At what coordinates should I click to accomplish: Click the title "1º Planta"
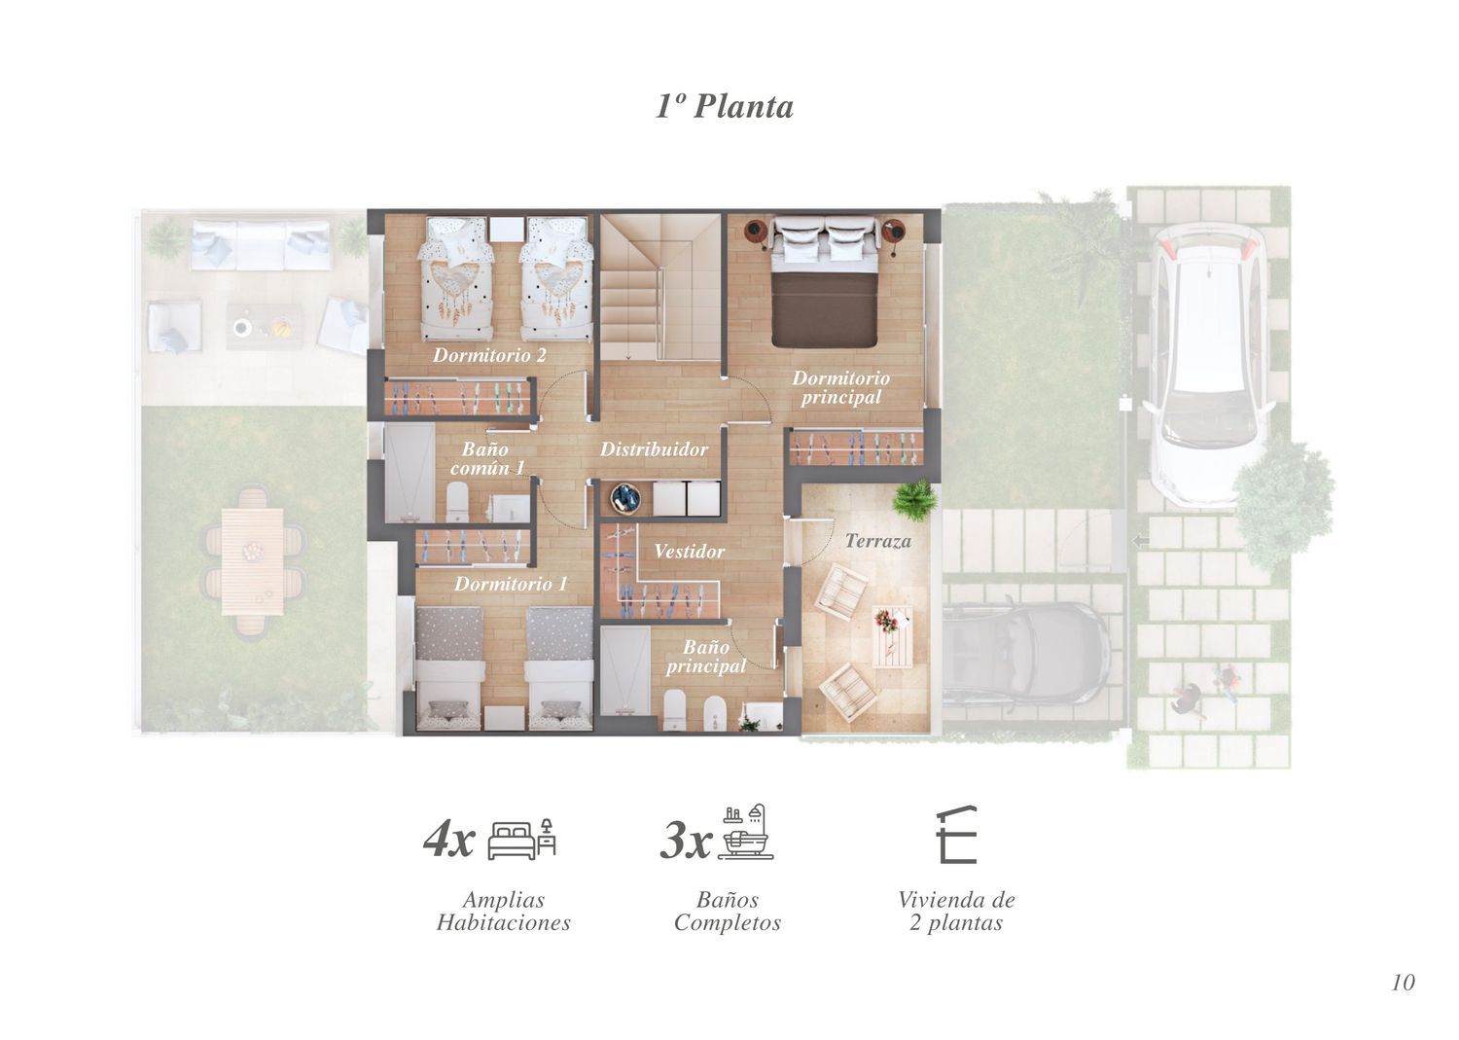pos(725,106)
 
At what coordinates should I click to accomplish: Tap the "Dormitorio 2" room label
pos(490,355)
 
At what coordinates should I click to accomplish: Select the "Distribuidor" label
pos(654,448)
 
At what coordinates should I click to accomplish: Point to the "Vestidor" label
pos(689,552)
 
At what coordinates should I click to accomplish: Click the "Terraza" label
pos(878,541)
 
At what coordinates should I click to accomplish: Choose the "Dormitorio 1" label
pos(511,584)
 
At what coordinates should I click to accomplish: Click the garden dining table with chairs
pos(253,561)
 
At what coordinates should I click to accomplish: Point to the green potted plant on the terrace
pos(916,499)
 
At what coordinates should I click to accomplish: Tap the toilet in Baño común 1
pos(458,501)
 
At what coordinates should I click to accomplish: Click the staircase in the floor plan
pos(659,287)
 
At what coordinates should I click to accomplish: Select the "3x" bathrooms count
pos(686,840)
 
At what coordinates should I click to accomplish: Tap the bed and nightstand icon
pos(521,840)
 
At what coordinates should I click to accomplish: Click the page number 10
pos(1403,982)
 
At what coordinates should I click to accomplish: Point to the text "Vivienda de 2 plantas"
pos(956,911)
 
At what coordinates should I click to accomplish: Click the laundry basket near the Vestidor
pos(624,499)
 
